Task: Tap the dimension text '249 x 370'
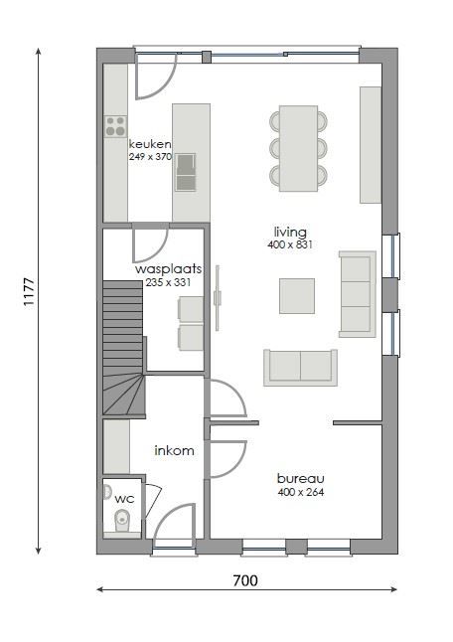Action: [x=150, y=157]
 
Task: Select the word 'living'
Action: [x=290, y=232]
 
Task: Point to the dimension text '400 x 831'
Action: [x=290, y=244]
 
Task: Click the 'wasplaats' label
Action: [x=169, y=268]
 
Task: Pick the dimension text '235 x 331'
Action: [x=169, y=282]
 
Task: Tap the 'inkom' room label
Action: [x=174, y=450]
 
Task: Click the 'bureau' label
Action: [x=300, y=477]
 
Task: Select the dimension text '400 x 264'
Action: [x=300, y=491]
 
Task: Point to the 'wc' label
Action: [x=124, y=498]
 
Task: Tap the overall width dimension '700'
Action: [x=245, y=580]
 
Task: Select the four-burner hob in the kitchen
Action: [x=115, y=126]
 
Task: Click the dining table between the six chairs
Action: [x=298, y=148]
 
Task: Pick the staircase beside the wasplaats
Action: [x=122, y=348]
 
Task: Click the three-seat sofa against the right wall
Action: [x=357, y=293]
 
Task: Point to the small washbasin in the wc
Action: [x=107, y=491]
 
